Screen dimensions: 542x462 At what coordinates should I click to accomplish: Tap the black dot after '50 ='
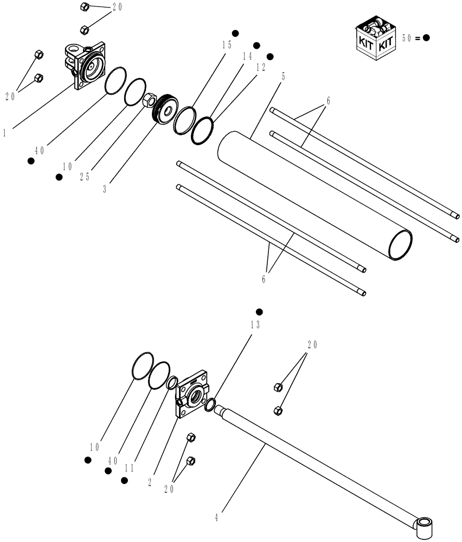427,38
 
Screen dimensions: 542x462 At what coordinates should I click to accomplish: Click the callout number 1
4,132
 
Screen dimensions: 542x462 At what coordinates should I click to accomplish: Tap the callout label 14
247,56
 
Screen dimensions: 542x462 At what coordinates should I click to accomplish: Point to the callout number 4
217,517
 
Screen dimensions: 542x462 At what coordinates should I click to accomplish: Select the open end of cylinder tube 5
400,244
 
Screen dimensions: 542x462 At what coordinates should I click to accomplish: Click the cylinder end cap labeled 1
87,65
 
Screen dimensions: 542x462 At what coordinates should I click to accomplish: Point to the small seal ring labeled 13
210,404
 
